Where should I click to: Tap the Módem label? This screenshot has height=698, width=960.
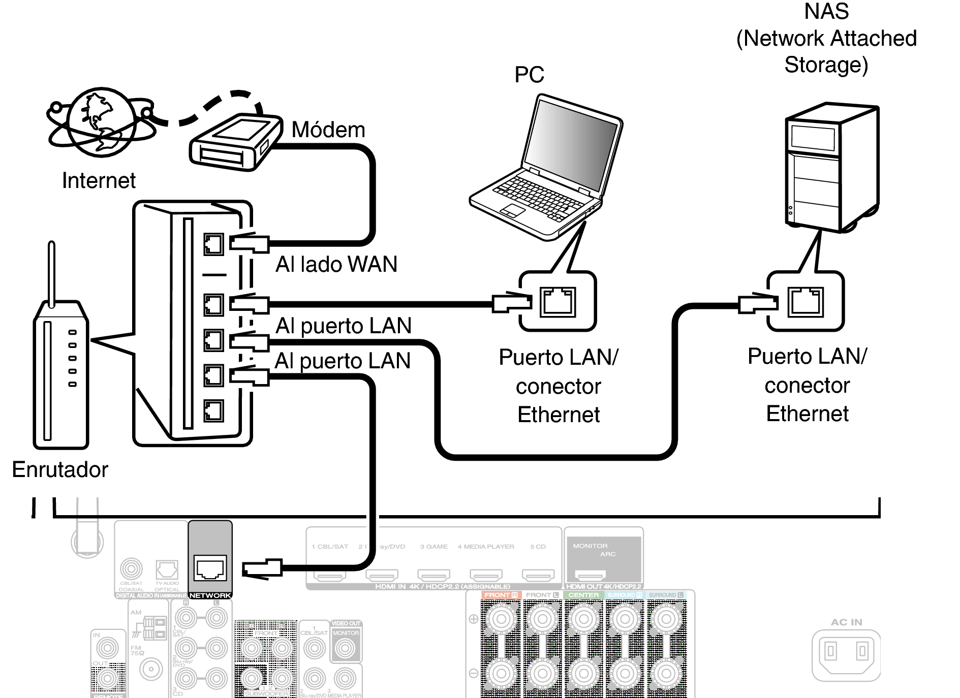328,130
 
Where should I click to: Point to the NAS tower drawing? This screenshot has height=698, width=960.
832,168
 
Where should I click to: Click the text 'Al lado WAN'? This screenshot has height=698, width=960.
336,265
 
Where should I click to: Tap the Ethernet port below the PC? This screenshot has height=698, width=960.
558,302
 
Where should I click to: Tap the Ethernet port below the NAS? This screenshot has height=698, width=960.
806,302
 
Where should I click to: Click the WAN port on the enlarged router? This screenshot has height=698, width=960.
213,244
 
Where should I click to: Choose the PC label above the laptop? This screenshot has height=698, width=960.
529,75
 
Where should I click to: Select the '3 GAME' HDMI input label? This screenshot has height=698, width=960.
433,547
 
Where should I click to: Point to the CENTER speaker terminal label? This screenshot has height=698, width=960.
583,595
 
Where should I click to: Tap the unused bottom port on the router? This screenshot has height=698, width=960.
213,410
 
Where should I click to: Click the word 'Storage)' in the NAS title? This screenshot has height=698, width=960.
826,65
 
